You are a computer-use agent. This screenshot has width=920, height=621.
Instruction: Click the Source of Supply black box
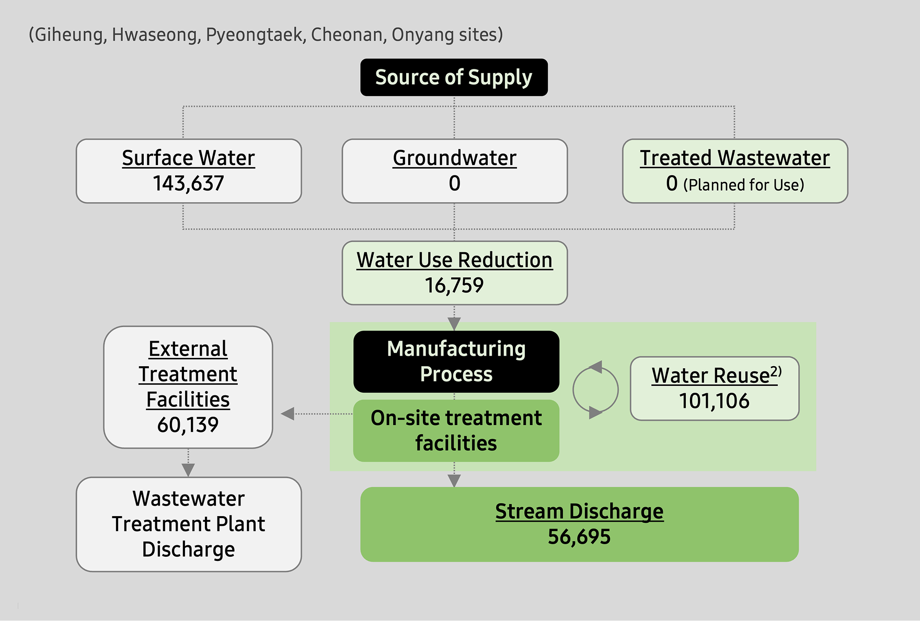[x=454, y=77]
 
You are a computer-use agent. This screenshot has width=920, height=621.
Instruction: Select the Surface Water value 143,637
[x=188, y=183]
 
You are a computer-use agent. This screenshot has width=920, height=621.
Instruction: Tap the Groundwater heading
[x=454, y=158]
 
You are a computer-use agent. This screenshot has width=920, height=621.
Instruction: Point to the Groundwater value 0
[x=454, y=183]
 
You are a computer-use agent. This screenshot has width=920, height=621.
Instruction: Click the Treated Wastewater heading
[x=734, y=158]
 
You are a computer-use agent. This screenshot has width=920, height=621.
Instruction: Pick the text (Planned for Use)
[x=743, y=185]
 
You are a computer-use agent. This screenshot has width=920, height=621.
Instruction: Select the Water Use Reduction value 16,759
[x=454, y=285]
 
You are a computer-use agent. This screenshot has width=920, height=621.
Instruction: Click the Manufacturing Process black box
[x=456, y=361]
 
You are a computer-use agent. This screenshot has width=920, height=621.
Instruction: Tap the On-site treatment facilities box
[x=456, y=430]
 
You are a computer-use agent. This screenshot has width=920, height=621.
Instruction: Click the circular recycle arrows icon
[x=595, y=390]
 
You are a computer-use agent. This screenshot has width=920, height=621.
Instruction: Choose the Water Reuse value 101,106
[x=714, y=401]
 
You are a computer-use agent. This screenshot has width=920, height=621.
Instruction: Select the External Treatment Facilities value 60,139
[x=188, y=425]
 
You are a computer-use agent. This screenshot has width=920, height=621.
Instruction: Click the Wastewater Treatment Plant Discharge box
[x=188, y=524]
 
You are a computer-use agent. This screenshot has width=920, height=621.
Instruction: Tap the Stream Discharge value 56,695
[x=579, y=537]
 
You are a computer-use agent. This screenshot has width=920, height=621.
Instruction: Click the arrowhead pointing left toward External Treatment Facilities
[x=287, y=414]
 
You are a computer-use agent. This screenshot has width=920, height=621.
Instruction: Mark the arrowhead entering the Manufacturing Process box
[x=454, y=324]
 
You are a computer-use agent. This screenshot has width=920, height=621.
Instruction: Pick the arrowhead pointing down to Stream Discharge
[x=454, y=481]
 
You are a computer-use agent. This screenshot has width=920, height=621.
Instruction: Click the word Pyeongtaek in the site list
[x=255, y=34]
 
